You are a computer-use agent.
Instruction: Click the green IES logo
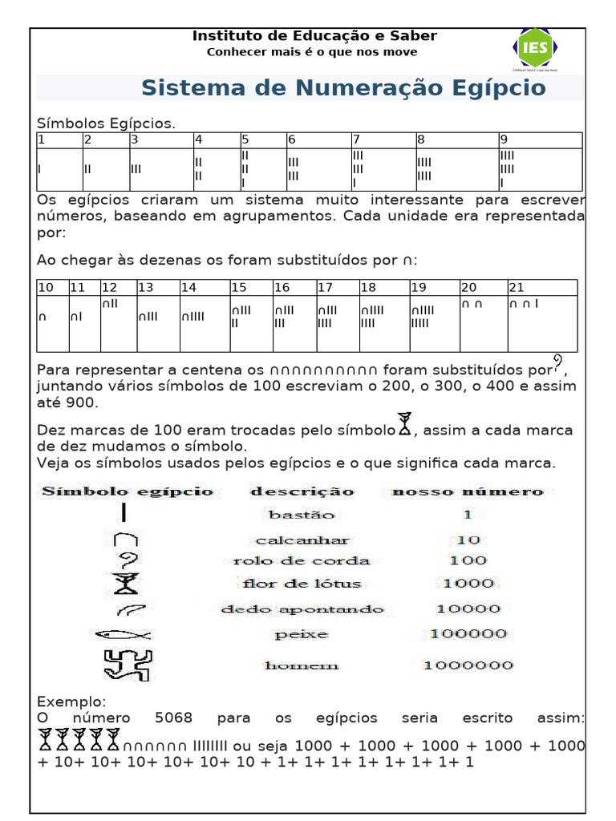pos(535,47)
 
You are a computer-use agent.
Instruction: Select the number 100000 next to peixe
pos(468,634)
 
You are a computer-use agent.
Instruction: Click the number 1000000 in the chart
pos(468,665)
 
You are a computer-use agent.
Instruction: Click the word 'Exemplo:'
pos(71,702)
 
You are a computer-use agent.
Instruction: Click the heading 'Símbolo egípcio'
pos(128,491)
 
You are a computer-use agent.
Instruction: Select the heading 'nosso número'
pos(467,491)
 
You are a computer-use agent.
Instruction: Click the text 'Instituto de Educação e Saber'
pos(314,36)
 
